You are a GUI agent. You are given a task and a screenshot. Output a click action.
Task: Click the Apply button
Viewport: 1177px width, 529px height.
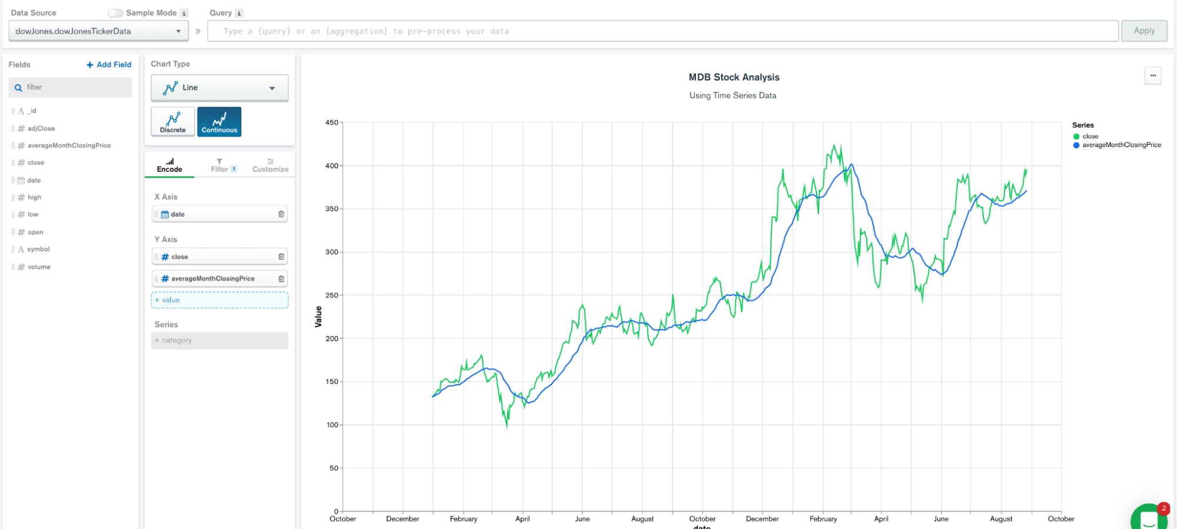click(1143, 31)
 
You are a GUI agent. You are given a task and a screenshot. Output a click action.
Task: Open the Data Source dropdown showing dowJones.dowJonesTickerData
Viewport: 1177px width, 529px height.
click(98, 31)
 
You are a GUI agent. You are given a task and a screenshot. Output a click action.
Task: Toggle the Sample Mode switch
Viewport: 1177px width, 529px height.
click(115, 13)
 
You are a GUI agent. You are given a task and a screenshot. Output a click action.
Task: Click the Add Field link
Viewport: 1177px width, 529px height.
click(109, 65)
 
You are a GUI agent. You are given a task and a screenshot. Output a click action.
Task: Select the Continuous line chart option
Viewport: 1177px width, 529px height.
click(219, 122)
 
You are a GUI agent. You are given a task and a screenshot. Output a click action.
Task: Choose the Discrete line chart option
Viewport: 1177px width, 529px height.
click(173, 122)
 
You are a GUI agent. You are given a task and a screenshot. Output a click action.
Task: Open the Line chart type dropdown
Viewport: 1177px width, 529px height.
click(219, 88)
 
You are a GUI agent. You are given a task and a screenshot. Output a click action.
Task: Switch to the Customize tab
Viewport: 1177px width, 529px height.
click(270, 165)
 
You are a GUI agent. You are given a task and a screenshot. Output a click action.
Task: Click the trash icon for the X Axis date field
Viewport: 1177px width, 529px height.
click(281, 214)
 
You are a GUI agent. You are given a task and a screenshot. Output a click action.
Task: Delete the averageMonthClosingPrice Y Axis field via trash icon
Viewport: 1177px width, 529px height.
click(281, 279)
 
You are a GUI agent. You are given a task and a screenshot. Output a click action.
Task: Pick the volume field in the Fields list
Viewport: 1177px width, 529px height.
click(39, 267)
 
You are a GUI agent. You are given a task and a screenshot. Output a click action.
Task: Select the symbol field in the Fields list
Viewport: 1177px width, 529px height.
click(38, 249)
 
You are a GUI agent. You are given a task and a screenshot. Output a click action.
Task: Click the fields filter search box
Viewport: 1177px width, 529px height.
click(71, 88)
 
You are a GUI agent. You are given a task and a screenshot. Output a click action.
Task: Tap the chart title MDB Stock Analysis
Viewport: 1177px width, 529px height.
click(734, 77)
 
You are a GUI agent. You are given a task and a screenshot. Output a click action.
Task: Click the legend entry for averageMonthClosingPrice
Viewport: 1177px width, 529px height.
click(1121, 145)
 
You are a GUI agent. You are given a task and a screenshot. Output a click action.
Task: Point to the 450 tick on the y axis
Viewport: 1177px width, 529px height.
click(331, 122)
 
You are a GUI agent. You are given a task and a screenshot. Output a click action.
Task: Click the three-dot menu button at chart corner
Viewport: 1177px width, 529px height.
click(1152, 76)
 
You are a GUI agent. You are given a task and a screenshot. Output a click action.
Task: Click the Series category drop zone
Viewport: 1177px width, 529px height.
click(219, 341)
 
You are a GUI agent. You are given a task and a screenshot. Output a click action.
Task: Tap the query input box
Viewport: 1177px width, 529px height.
click(662, 31)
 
